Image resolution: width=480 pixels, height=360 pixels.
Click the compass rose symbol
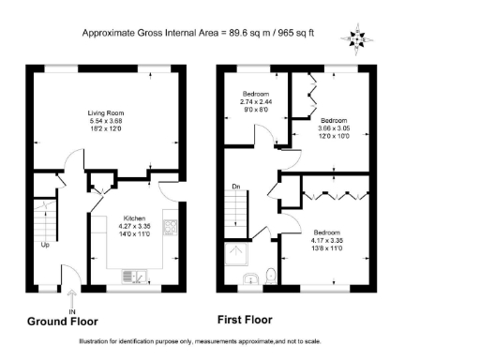tap(356, 39)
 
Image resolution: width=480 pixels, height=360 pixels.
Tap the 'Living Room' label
tap(106, 113)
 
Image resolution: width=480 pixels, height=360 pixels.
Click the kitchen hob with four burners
tap(171, 228)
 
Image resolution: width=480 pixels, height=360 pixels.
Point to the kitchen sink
tap(136, 276)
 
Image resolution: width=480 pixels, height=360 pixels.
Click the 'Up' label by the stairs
tap(44, 246)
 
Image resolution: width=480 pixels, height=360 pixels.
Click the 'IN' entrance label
tap(70, 310)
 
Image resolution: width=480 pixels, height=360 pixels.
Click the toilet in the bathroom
tap(270, 276)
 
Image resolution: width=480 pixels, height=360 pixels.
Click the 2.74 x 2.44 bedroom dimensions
tap(256, 102)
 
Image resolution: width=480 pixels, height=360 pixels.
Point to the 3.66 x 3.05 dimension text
tap(334, 128)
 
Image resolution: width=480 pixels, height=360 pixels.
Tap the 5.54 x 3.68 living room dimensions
tap(106, 121)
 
